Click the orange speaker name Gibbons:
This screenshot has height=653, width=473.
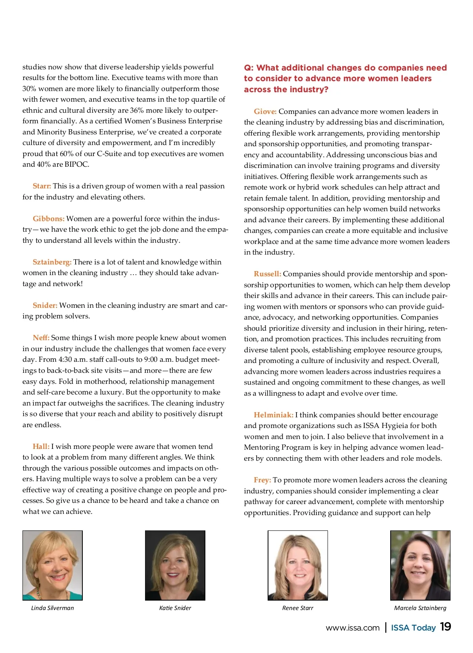[x=48, y=219]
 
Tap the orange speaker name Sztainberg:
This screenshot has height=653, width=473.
[x=52, y=262]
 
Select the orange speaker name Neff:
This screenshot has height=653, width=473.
[x=41, y=338]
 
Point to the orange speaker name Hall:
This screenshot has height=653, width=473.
[x=41, y=446]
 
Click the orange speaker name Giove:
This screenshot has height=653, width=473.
[x=265, y=112]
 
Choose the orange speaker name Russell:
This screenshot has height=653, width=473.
[x=267, y=274]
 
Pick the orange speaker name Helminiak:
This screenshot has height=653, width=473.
[x=274, y=415]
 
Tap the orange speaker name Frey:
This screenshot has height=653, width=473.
[x=263, y=480]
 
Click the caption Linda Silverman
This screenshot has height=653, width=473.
[x=52, y=608]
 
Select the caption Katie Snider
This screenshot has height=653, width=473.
[x=175, y=608]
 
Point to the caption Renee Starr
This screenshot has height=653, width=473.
[x=298, y=608]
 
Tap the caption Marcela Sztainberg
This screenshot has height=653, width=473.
[x=420, y=608]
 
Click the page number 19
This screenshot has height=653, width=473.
[x=445, y=627]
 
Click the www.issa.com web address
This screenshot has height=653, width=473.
[x=352, y=628]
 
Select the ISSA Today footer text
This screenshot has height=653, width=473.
[x=413, y=628]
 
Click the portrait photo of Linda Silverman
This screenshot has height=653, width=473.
[x=52, y=565]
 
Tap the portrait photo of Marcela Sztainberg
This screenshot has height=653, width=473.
[x=420, y=565]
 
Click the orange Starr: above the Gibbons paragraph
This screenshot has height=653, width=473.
[x=42, y=186]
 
